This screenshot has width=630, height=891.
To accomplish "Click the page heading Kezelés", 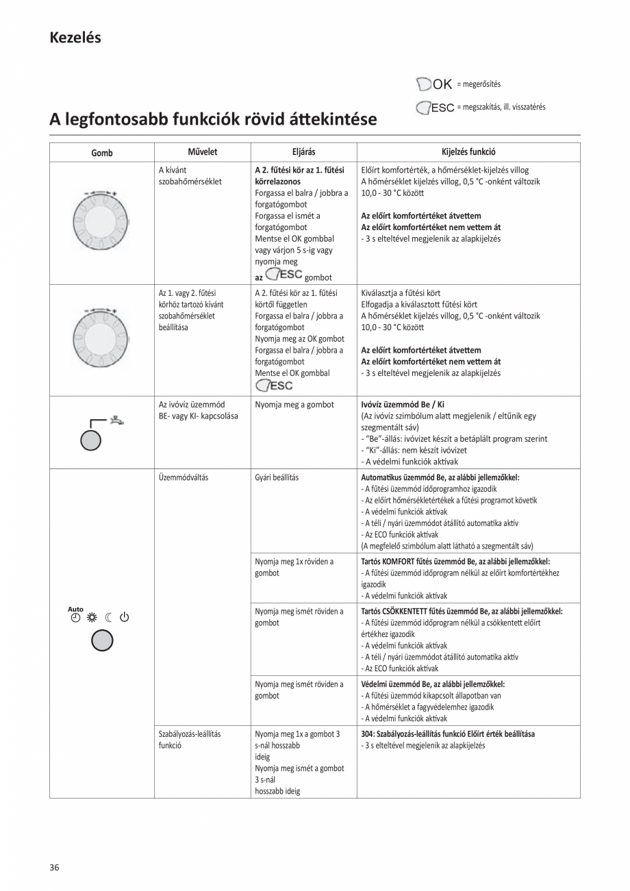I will pyautogui.click(x=75, y=38).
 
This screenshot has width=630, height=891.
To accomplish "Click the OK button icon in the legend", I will pyautogui.click(x=434, y=84).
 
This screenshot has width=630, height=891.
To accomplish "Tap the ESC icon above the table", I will pyautogui.click(x=435, y=108).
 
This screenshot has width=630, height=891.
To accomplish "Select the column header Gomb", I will pyautogui.click(x=101, y=153).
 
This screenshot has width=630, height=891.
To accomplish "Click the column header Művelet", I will pyautogui.click(x=202, y=152).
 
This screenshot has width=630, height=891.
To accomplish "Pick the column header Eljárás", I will pyautogui.click(x=303, y=152).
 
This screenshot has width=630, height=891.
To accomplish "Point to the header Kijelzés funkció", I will pyautogui.click(x=468, y=152).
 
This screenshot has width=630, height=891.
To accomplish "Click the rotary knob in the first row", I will pyautogui.click(x=101, y=222).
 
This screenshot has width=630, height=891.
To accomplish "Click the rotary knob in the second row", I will pyautogui.click(x=101, y=340).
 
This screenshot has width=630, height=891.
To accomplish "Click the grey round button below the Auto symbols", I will pyautogui.click(x=101, y=640).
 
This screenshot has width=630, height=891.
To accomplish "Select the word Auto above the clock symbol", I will pyautogui.click(x=75, y=609).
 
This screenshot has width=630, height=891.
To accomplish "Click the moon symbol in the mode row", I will pyautogui.click(x=109, y=618).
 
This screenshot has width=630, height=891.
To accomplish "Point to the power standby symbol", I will pyautogui.click(x=124, y=618).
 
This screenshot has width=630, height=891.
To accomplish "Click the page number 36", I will pyautogui.click(x=54, y=868).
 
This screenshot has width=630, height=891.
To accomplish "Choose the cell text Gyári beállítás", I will pyautogui.click(x=277, y=477).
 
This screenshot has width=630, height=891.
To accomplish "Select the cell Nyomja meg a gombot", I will pyautogui.click(x=294, y=405).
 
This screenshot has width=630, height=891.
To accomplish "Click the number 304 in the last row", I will pyautogui.click(x=367, y=733).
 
